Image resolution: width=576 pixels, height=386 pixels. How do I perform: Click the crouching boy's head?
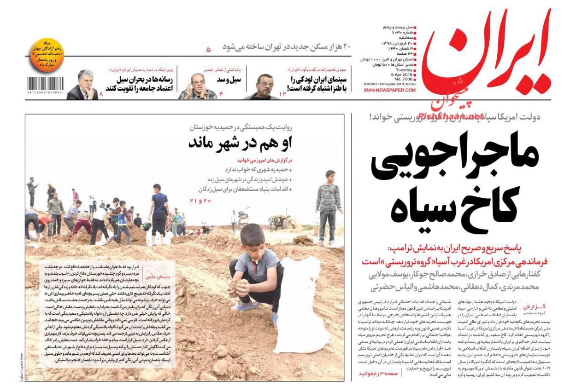[x=252, y=237]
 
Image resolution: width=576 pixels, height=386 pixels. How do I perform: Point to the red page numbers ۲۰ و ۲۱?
[x=200, y=201]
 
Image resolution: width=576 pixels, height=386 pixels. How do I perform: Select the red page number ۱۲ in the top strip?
[x=282, y=93]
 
